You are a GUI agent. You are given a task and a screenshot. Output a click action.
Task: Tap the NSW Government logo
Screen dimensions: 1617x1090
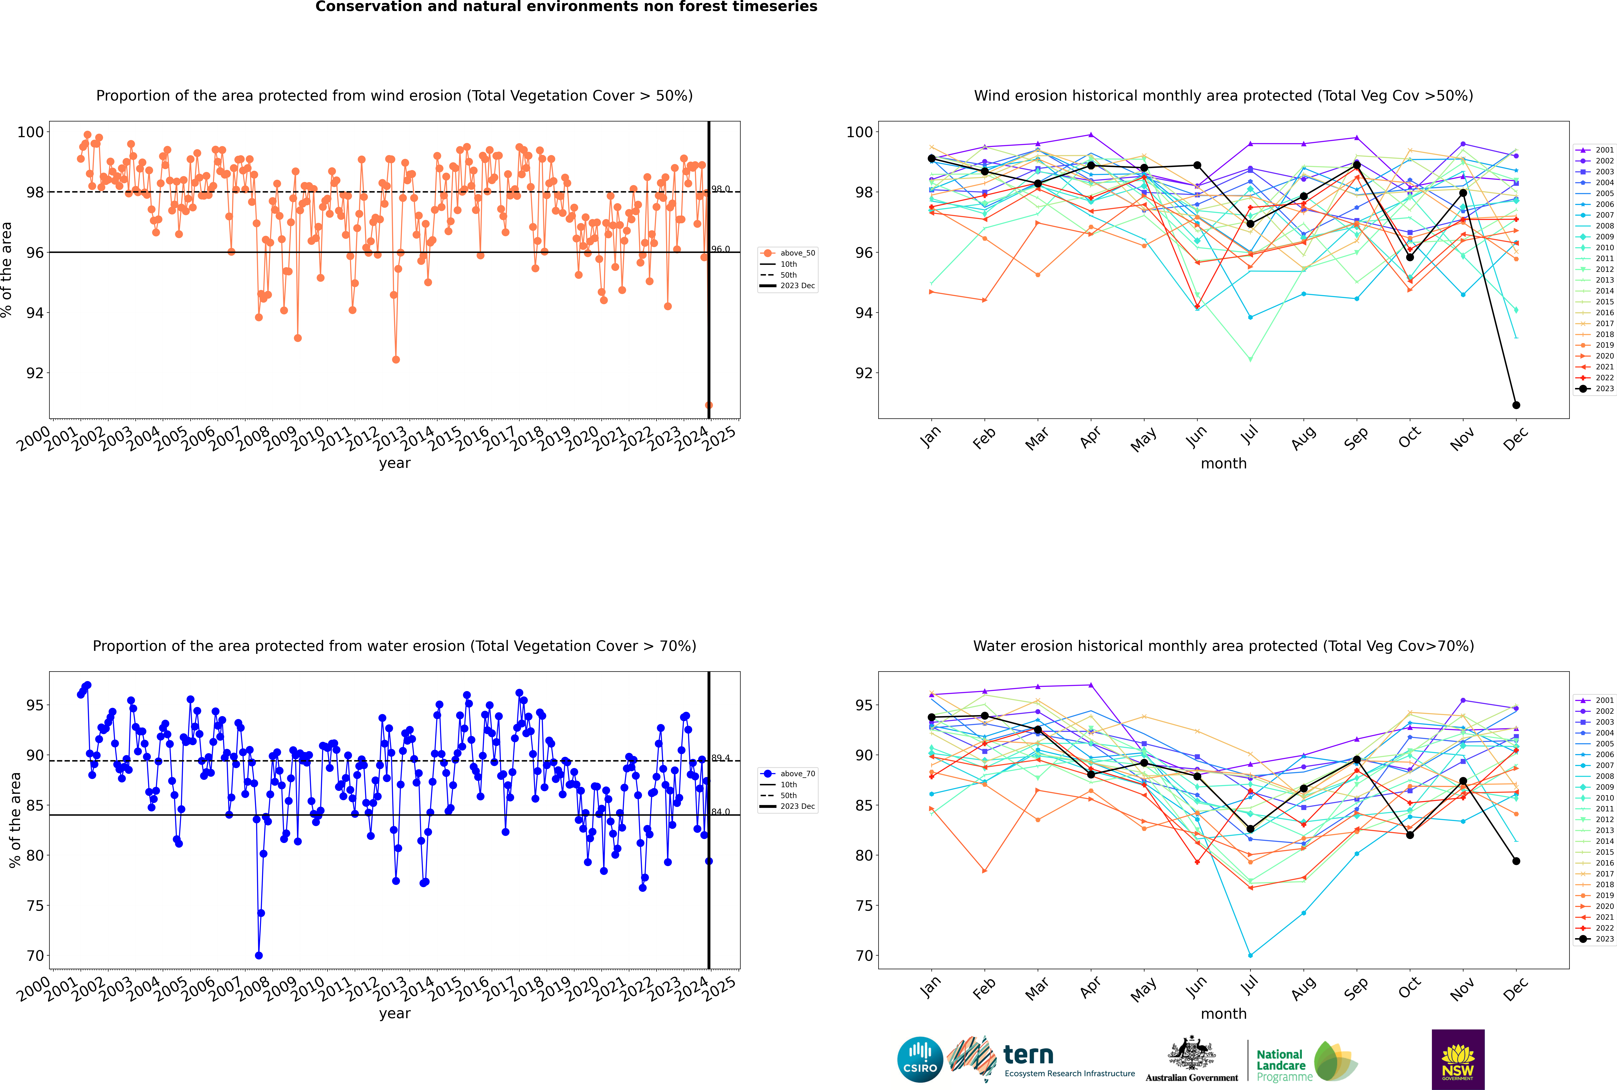pos(1458,1059)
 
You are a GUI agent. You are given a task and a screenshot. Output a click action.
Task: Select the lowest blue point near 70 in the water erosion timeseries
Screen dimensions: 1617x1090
pos(259,955)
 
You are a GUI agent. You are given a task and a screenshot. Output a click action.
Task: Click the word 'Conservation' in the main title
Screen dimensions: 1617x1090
pos(367,6)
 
